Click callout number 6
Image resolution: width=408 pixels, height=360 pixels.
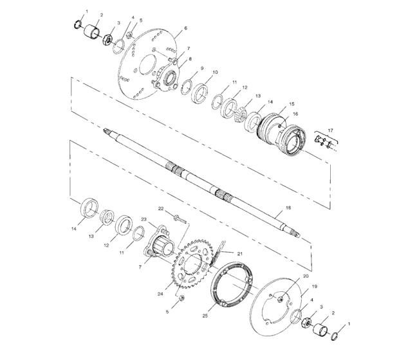click(x=185, y=28)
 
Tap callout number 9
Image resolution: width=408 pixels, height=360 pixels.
click(x=201, y=68)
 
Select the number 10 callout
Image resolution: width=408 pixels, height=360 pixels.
click(x=215, y=72)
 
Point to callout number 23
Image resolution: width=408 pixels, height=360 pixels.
click(x=145, y=220)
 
